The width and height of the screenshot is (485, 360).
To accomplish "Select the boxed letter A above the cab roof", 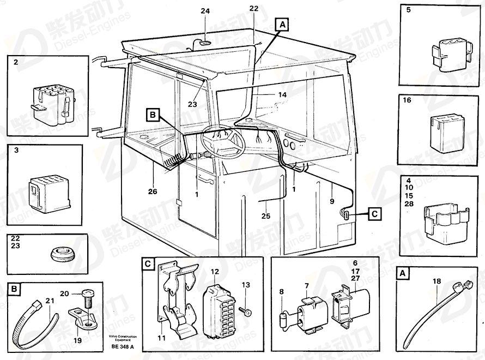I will coord(282,25).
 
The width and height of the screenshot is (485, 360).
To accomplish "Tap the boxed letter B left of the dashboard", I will coord(153,115).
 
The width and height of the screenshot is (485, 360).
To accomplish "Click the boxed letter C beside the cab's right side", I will coord(374,214).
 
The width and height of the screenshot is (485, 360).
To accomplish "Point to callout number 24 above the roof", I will coord(205,11).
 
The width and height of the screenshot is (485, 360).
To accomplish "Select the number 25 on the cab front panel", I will coord(265,215).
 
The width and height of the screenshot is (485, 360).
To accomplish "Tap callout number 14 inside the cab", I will coord(282,94).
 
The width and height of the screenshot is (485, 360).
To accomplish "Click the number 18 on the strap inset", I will coord(436,281).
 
